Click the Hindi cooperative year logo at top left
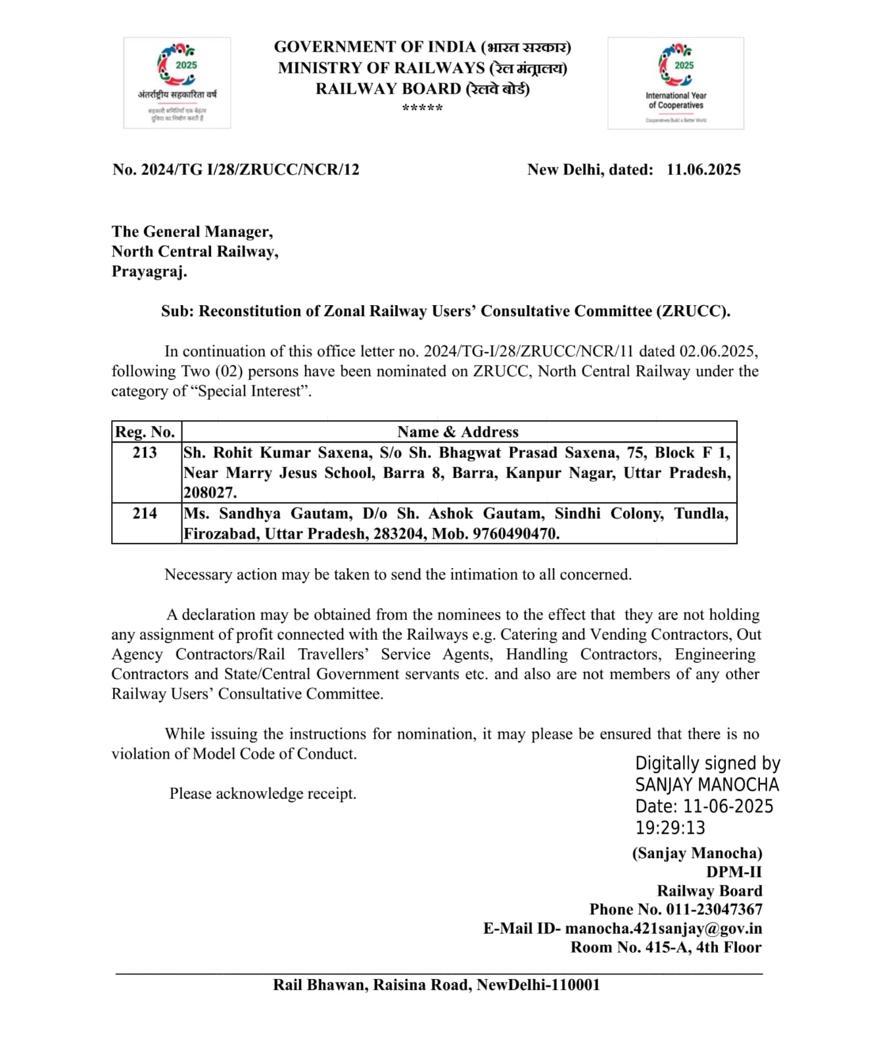(177, 82)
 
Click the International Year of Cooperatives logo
(675, 83)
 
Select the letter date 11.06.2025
(703, 170)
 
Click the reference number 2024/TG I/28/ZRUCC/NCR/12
(250, 170)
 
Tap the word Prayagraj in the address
(149, 271)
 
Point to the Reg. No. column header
(145, 432)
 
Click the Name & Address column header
(458, 432)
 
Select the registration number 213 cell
(145, 452)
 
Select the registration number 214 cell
(145, 514)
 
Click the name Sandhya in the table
(250, 514)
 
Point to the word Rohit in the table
(233, 452)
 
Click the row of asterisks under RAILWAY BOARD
(422, 108)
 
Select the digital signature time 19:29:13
(670, 828)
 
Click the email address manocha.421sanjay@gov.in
(663, 928)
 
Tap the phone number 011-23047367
(714, 909)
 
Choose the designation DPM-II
(734, 872)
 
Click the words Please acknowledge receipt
(263, 794)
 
